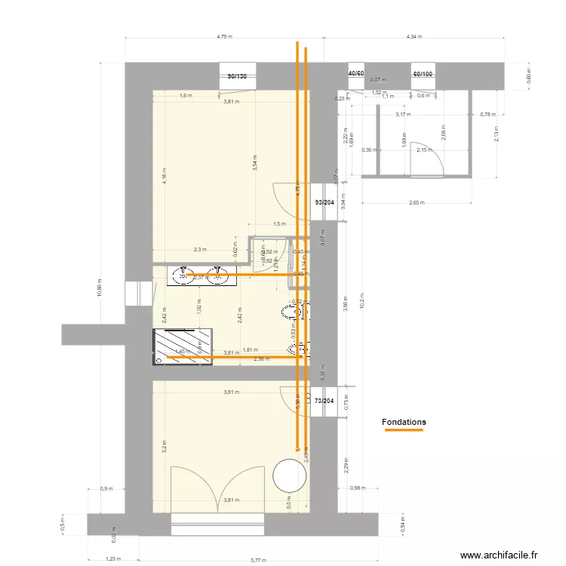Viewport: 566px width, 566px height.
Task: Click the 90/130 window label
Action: coord(236,75)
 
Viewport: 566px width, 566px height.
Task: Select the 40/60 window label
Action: coord(355,74)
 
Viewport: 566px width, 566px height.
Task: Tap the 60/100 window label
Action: coord(423,74)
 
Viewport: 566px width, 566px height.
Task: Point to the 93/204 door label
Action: coord(326,202)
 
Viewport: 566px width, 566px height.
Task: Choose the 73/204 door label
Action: coord(325,401)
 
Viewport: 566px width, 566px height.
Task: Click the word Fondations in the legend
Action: coord(404,422)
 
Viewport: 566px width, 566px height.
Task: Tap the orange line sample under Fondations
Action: coord(404,431)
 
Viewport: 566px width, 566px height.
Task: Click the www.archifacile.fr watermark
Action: coord(499,555)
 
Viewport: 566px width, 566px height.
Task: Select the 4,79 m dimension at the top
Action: coord(224,35)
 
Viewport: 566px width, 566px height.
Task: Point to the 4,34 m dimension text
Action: coord(414,35)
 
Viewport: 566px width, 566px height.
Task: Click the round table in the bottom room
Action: coord(289,475)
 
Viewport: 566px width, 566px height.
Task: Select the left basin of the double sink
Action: coord(183,276)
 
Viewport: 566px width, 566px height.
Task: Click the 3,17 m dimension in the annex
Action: coord(403,115)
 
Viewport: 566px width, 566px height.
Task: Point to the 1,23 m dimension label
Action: coord(112,559)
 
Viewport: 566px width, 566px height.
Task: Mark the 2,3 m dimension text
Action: coord(200,250)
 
